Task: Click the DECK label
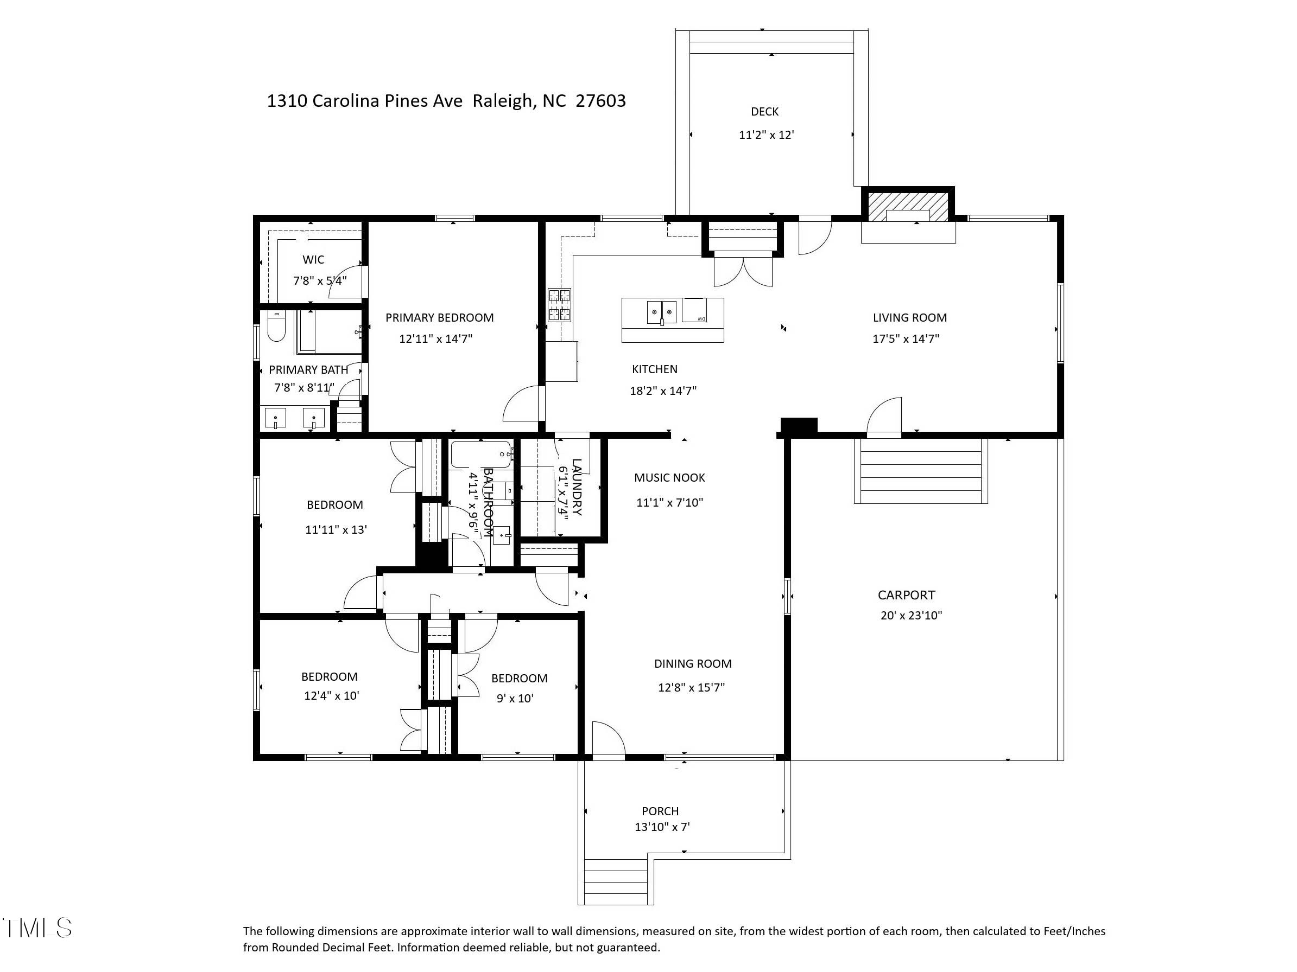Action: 764,111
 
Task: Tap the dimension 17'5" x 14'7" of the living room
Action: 906,338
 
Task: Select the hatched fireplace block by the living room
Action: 907,207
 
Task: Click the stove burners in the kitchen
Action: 559,305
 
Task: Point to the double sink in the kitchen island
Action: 661,312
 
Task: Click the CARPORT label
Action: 906,595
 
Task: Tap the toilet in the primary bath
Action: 276,327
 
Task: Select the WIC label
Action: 313,260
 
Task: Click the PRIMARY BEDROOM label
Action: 439,317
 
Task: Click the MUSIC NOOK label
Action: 669,477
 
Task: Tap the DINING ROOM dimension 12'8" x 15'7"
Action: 691,687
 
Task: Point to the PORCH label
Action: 660,811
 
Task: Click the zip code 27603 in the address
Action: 600,101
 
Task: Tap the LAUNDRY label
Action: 577,487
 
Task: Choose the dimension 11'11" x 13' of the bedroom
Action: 336,529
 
